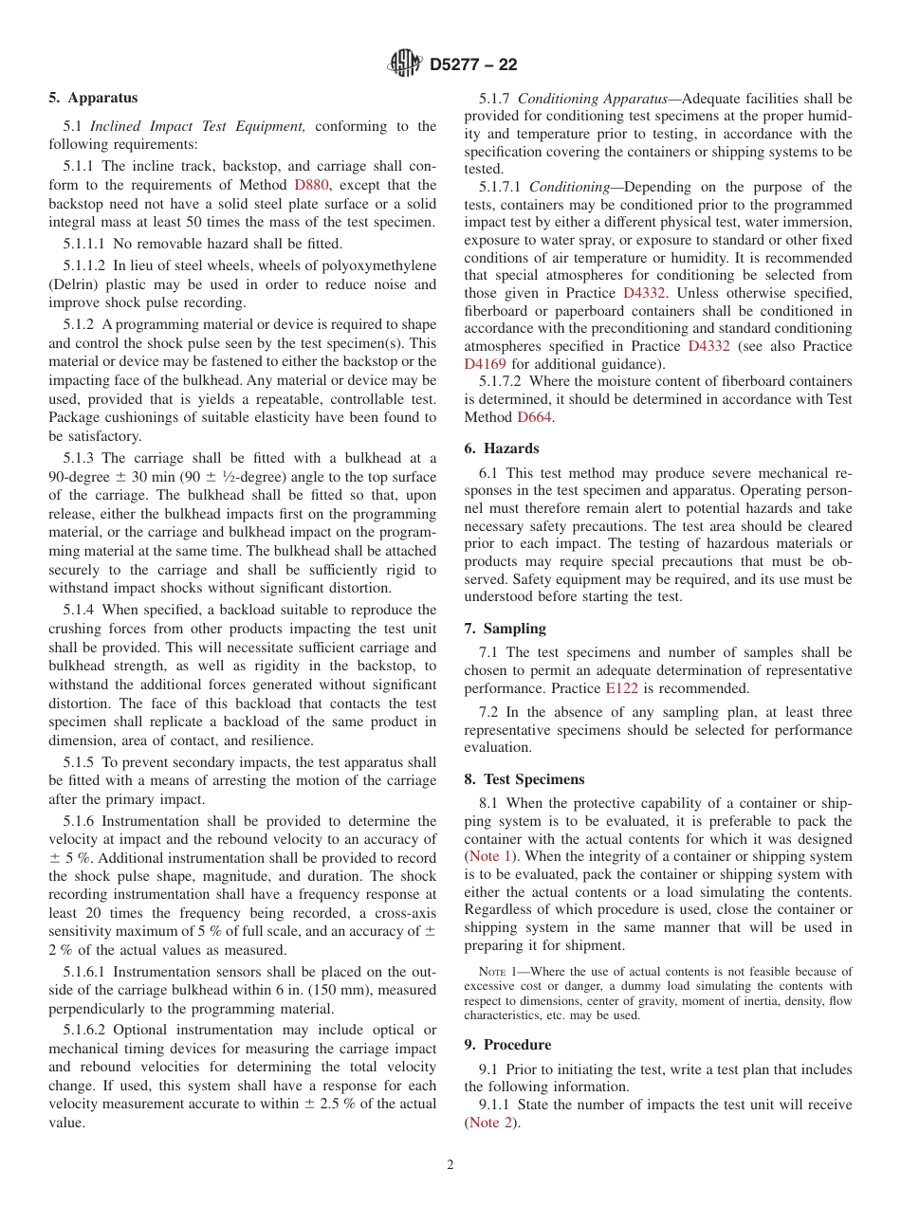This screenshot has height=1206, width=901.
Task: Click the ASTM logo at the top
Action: (x=406, y=64)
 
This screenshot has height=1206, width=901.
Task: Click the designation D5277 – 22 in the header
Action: (x=473, y=65)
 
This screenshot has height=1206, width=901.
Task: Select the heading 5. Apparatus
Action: (x=93, y=98)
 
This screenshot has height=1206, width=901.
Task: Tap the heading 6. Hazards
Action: (x=501, y=448)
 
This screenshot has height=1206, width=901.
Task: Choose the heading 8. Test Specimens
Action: (x=524, y=779)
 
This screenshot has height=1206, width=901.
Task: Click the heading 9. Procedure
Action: (x=507, y=1045)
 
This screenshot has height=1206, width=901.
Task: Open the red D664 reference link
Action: (x=534, y=417)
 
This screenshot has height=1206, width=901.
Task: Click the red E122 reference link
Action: (x=621, y=688)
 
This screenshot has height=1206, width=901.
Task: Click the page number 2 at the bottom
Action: (x=450, y=1165)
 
